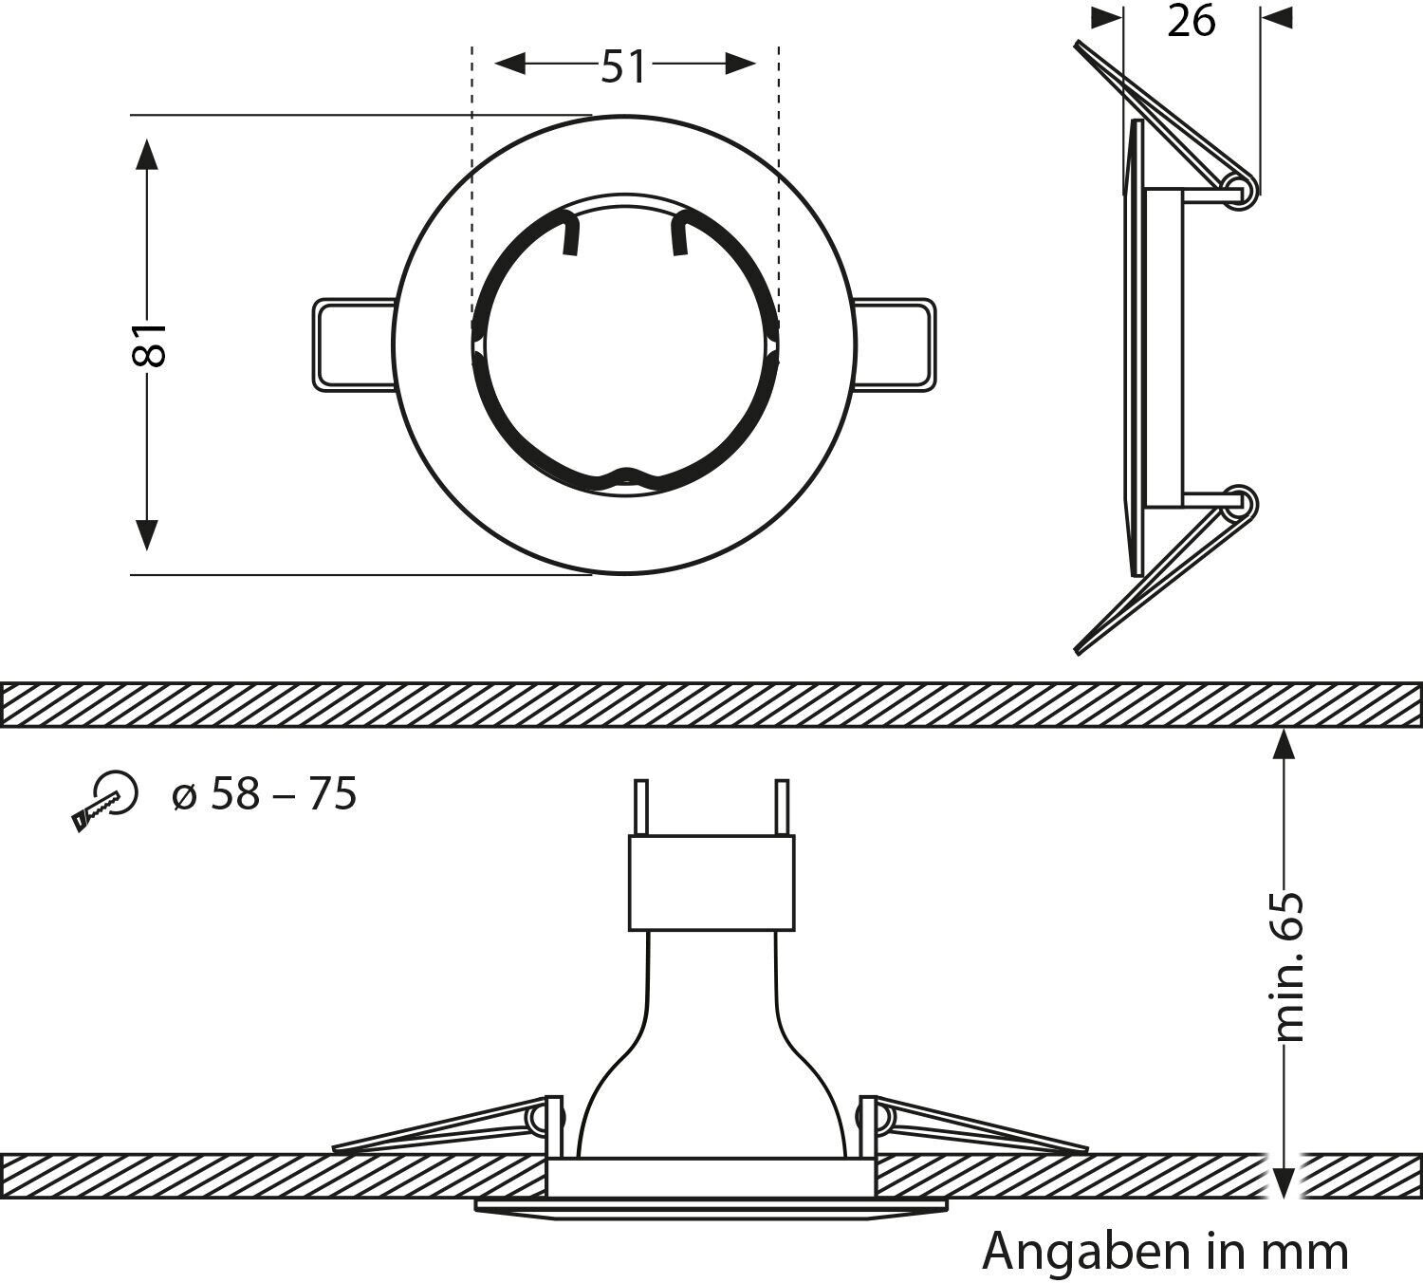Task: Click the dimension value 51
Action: (623, 65)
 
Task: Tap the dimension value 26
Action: (1191, 20)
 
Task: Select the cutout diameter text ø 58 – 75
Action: (265, 794)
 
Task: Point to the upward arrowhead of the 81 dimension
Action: (146, 154)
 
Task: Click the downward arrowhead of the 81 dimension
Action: (146, 533)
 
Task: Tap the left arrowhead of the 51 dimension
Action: (510, 64)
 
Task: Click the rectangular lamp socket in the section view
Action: (711, 883)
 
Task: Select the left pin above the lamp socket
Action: (641, 808)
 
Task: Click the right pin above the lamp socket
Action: (782, 808)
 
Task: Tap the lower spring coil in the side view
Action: (1241, 501)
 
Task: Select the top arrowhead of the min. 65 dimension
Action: (1284, 745)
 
